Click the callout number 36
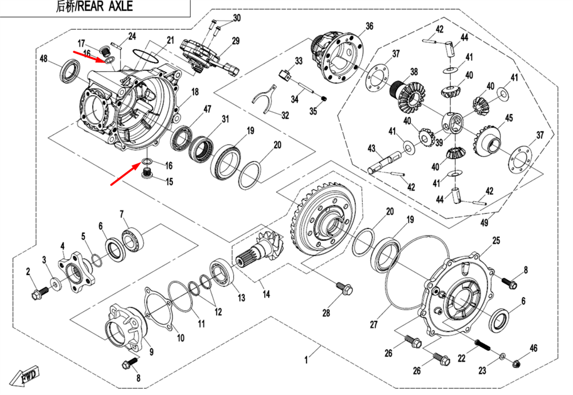tap(369, 26)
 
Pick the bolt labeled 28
tap(343, 288)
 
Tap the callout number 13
tap(241, 298)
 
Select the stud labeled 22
tap(481, 346)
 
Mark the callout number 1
tap(307, 360)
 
